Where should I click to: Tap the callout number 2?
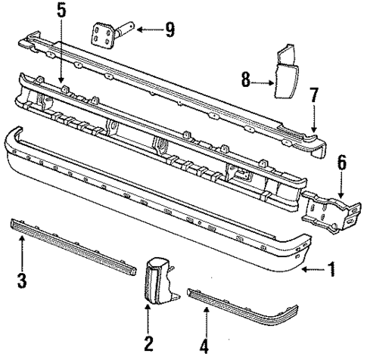tap(148, 344)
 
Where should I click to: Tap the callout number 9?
tap(169, 30)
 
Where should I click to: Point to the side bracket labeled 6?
tap(325, 209)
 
